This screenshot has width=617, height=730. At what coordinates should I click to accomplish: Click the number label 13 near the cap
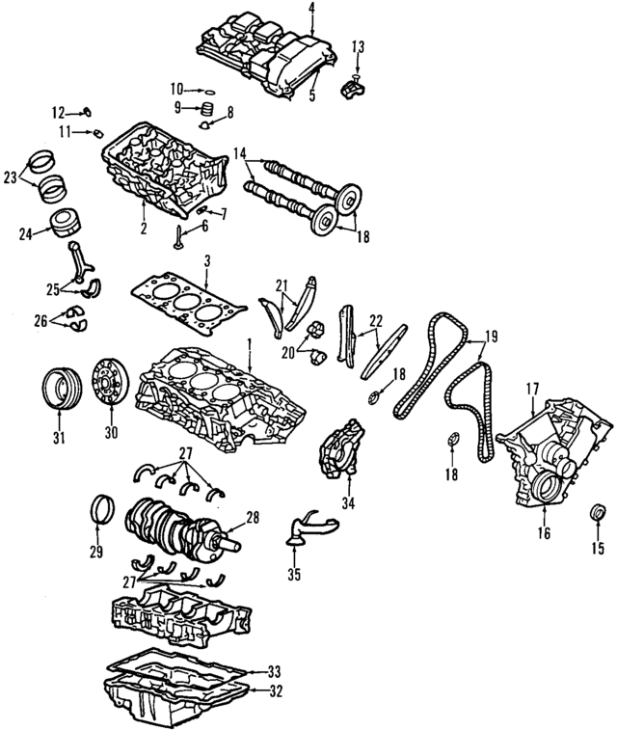point(358,46)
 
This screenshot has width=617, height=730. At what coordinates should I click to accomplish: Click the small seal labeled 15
point(598,511)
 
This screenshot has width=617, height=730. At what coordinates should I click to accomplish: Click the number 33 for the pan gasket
point(274,670)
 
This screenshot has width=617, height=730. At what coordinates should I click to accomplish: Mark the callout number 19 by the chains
point(492,337)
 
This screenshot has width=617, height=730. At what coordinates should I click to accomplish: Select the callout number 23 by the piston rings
point(11,176)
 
